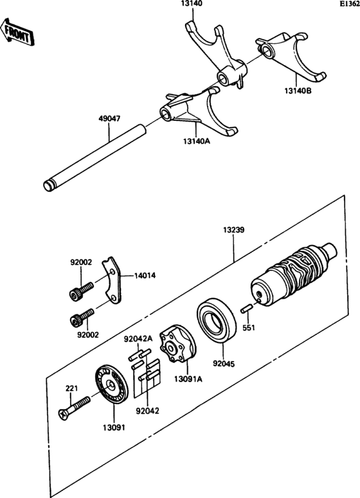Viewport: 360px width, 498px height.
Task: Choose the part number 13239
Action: pyautogui.click(x=234, y=229)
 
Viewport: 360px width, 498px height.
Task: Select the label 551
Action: pyautogui.click(x=249, y=328)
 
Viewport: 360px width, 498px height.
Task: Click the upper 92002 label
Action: pyautogui.click(x=81, y=262)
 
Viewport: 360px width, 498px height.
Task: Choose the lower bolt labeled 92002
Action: pyautogui.click(x=82, y=316)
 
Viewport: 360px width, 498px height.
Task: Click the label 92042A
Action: pyautogui.click(x=137, y=338)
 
